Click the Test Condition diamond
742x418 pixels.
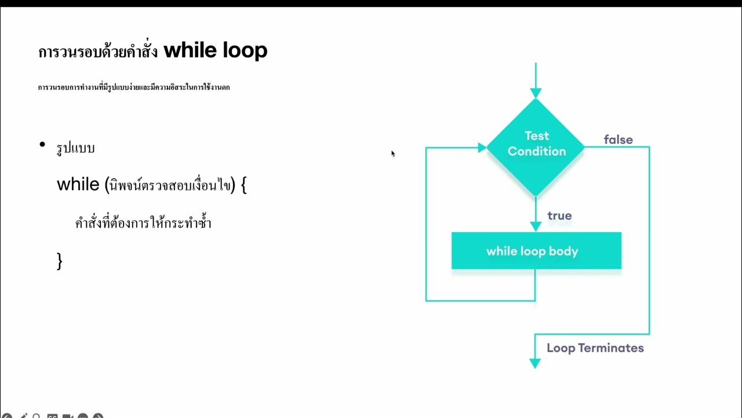[536, 145]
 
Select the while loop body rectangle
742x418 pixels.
[536, 251]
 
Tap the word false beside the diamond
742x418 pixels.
[618, 140]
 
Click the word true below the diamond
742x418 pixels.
[559, 216]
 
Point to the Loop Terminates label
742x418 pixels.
[595, 348]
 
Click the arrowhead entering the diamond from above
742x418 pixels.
[536, 93]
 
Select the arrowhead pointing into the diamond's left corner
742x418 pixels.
[482, 148]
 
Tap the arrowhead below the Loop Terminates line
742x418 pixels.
[535, 363]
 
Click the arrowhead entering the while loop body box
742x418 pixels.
[536, 226]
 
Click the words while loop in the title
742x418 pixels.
[215, 51]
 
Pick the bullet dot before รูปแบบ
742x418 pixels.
[42, 145]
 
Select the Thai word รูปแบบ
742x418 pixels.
[75, 148]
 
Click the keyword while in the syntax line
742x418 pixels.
[78, 185]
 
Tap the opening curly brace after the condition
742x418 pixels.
[243, 185]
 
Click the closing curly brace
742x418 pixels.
[59, 261]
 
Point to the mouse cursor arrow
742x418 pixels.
[392, 153]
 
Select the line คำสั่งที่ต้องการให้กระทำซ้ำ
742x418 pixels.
[143, 223]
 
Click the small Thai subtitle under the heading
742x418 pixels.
[134, 88]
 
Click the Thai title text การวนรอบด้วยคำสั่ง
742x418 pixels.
[97, 52]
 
